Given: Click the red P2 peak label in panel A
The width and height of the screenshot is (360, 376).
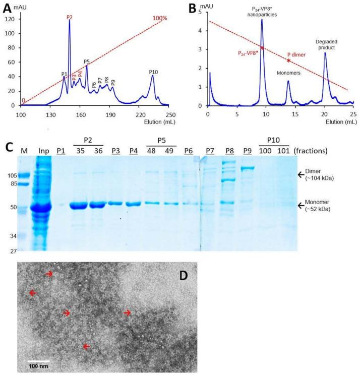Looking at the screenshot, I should click(x=70, y=17).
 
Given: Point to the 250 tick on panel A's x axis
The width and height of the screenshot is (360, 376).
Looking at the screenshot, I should click(x=170, y=114).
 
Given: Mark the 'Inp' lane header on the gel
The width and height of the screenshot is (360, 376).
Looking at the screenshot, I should click(x=42, y=151).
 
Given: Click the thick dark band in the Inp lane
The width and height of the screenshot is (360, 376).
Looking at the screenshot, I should click(x=42, y=207).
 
